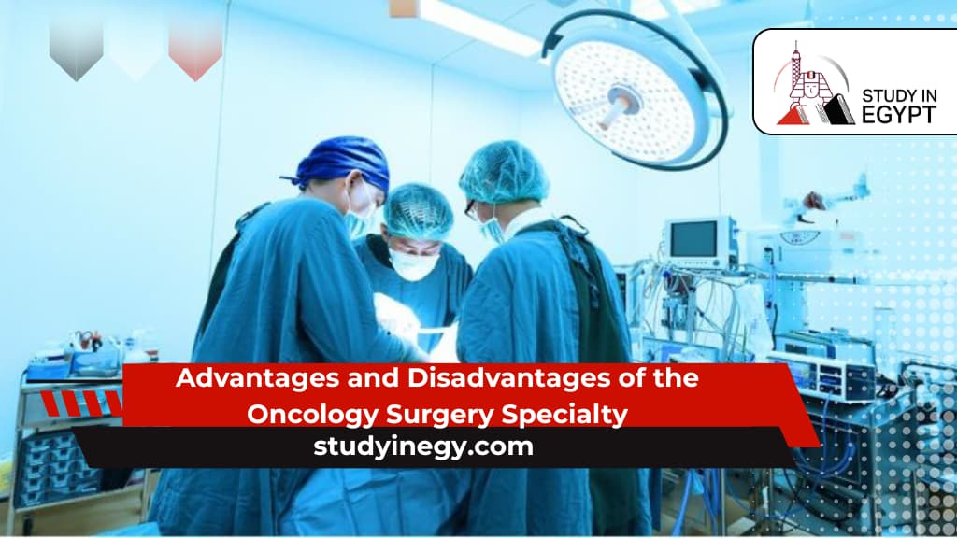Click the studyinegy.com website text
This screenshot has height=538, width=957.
(x=423, y=446)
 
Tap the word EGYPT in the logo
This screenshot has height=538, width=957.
(x=896, y=113)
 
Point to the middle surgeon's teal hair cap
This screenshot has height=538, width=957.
(x=418, y=211)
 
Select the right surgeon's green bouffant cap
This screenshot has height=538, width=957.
(x=504, y=172)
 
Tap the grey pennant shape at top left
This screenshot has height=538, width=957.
(x=76, y=49)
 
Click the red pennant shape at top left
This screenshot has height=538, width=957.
(x=195, y=49)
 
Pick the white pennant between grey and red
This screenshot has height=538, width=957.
(x=136, y=49)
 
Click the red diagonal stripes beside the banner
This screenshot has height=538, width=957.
(x=83, y=403)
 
